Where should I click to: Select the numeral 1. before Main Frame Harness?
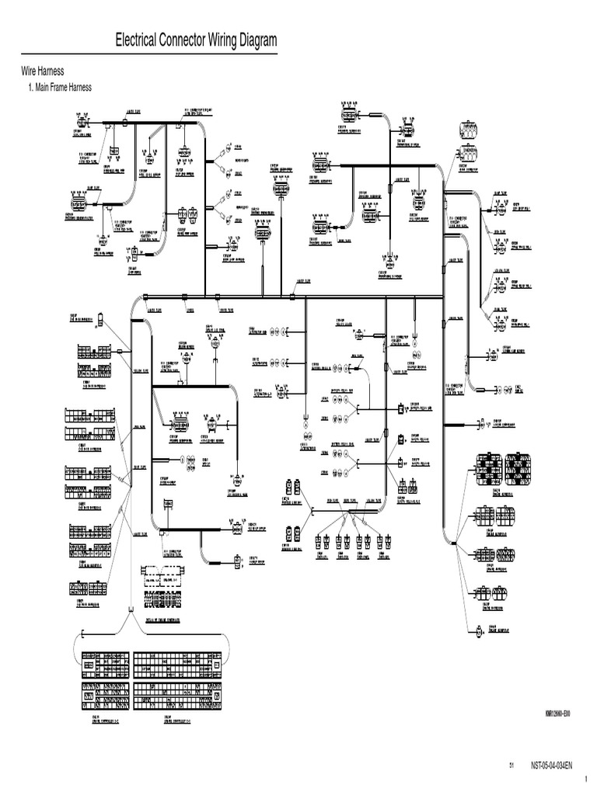tap(32, 87)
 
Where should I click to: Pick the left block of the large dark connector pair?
tap(487, 467)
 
